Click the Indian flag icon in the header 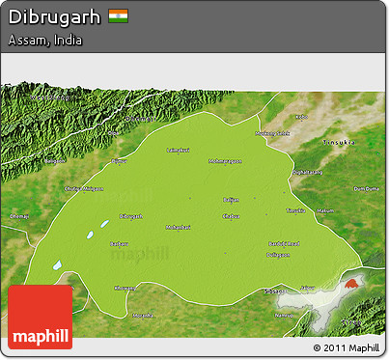118,16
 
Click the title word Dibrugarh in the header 54,16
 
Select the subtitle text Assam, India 44,42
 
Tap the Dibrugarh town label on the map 128,215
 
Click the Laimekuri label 179,151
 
